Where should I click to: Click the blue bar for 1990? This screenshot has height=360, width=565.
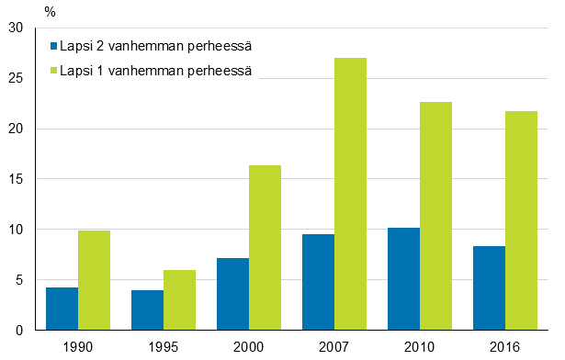pyautogui.click(x=62, y=309)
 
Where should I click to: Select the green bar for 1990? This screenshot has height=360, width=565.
pyautogui.click(x=94, y=280)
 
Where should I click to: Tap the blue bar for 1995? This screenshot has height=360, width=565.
pyautogui.click(x=147, y=310)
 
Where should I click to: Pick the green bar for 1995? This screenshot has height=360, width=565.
pyautogui.click(x=179, y=299)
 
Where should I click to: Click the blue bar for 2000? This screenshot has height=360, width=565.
pyautogui.click(x=232, y=294)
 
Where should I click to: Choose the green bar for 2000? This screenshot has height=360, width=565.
pyautogui.click(x=265, y=248)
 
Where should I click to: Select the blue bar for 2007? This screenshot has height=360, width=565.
pyautogui.click(x=318, y=282)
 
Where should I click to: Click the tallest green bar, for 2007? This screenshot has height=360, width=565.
pyautogui.click(x=350, y=194)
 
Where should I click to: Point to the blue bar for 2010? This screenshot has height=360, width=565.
pyautogui.click(x=403, y=279)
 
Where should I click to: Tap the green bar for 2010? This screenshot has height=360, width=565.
pyautogui.click(x=435, y=216)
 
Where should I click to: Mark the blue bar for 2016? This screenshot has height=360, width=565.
pyautogui.click(x=489, y=288)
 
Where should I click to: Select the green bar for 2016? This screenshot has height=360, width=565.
pyautogui.click(x=521, y=220)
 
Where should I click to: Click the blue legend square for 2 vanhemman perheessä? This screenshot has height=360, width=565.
pyautogui.click(x=53, y=46)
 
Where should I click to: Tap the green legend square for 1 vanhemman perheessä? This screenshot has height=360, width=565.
pyautogui.click(x=53, y=71)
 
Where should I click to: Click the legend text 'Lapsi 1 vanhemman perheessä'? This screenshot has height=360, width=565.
pyautogui.click(x=155, y=71)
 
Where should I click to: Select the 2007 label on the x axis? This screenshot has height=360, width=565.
pyautogui.click(x=333, y=346)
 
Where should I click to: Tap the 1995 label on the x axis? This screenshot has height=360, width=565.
pyautogui.click(x=163, y=346)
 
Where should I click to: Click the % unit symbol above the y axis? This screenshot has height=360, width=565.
pyautogui.click(x=50, y=12)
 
